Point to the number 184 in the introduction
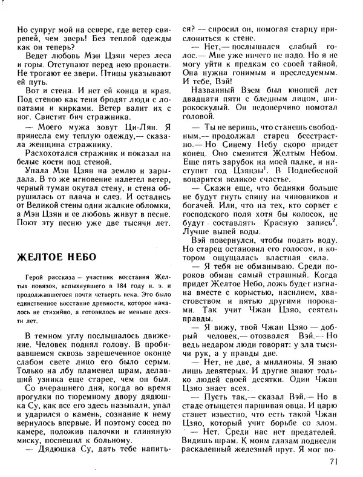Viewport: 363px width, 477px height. pyautogui.click(x=125, y=285)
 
